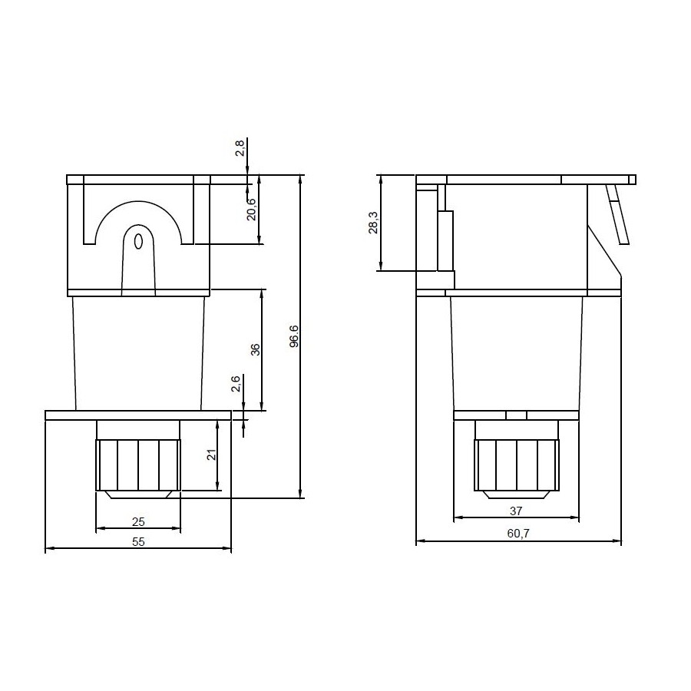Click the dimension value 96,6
click(294, 336)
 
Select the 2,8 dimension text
click(240, 148)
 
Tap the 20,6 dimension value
click(251, 210)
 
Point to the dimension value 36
click(255, 349)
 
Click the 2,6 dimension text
click(236, 384)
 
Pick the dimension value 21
click(212, 455)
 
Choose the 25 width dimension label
click(138, 522)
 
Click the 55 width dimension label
click(138, 542)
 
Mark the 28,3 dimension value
click(373, 223)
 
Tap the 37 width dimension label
click(516, 511)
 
